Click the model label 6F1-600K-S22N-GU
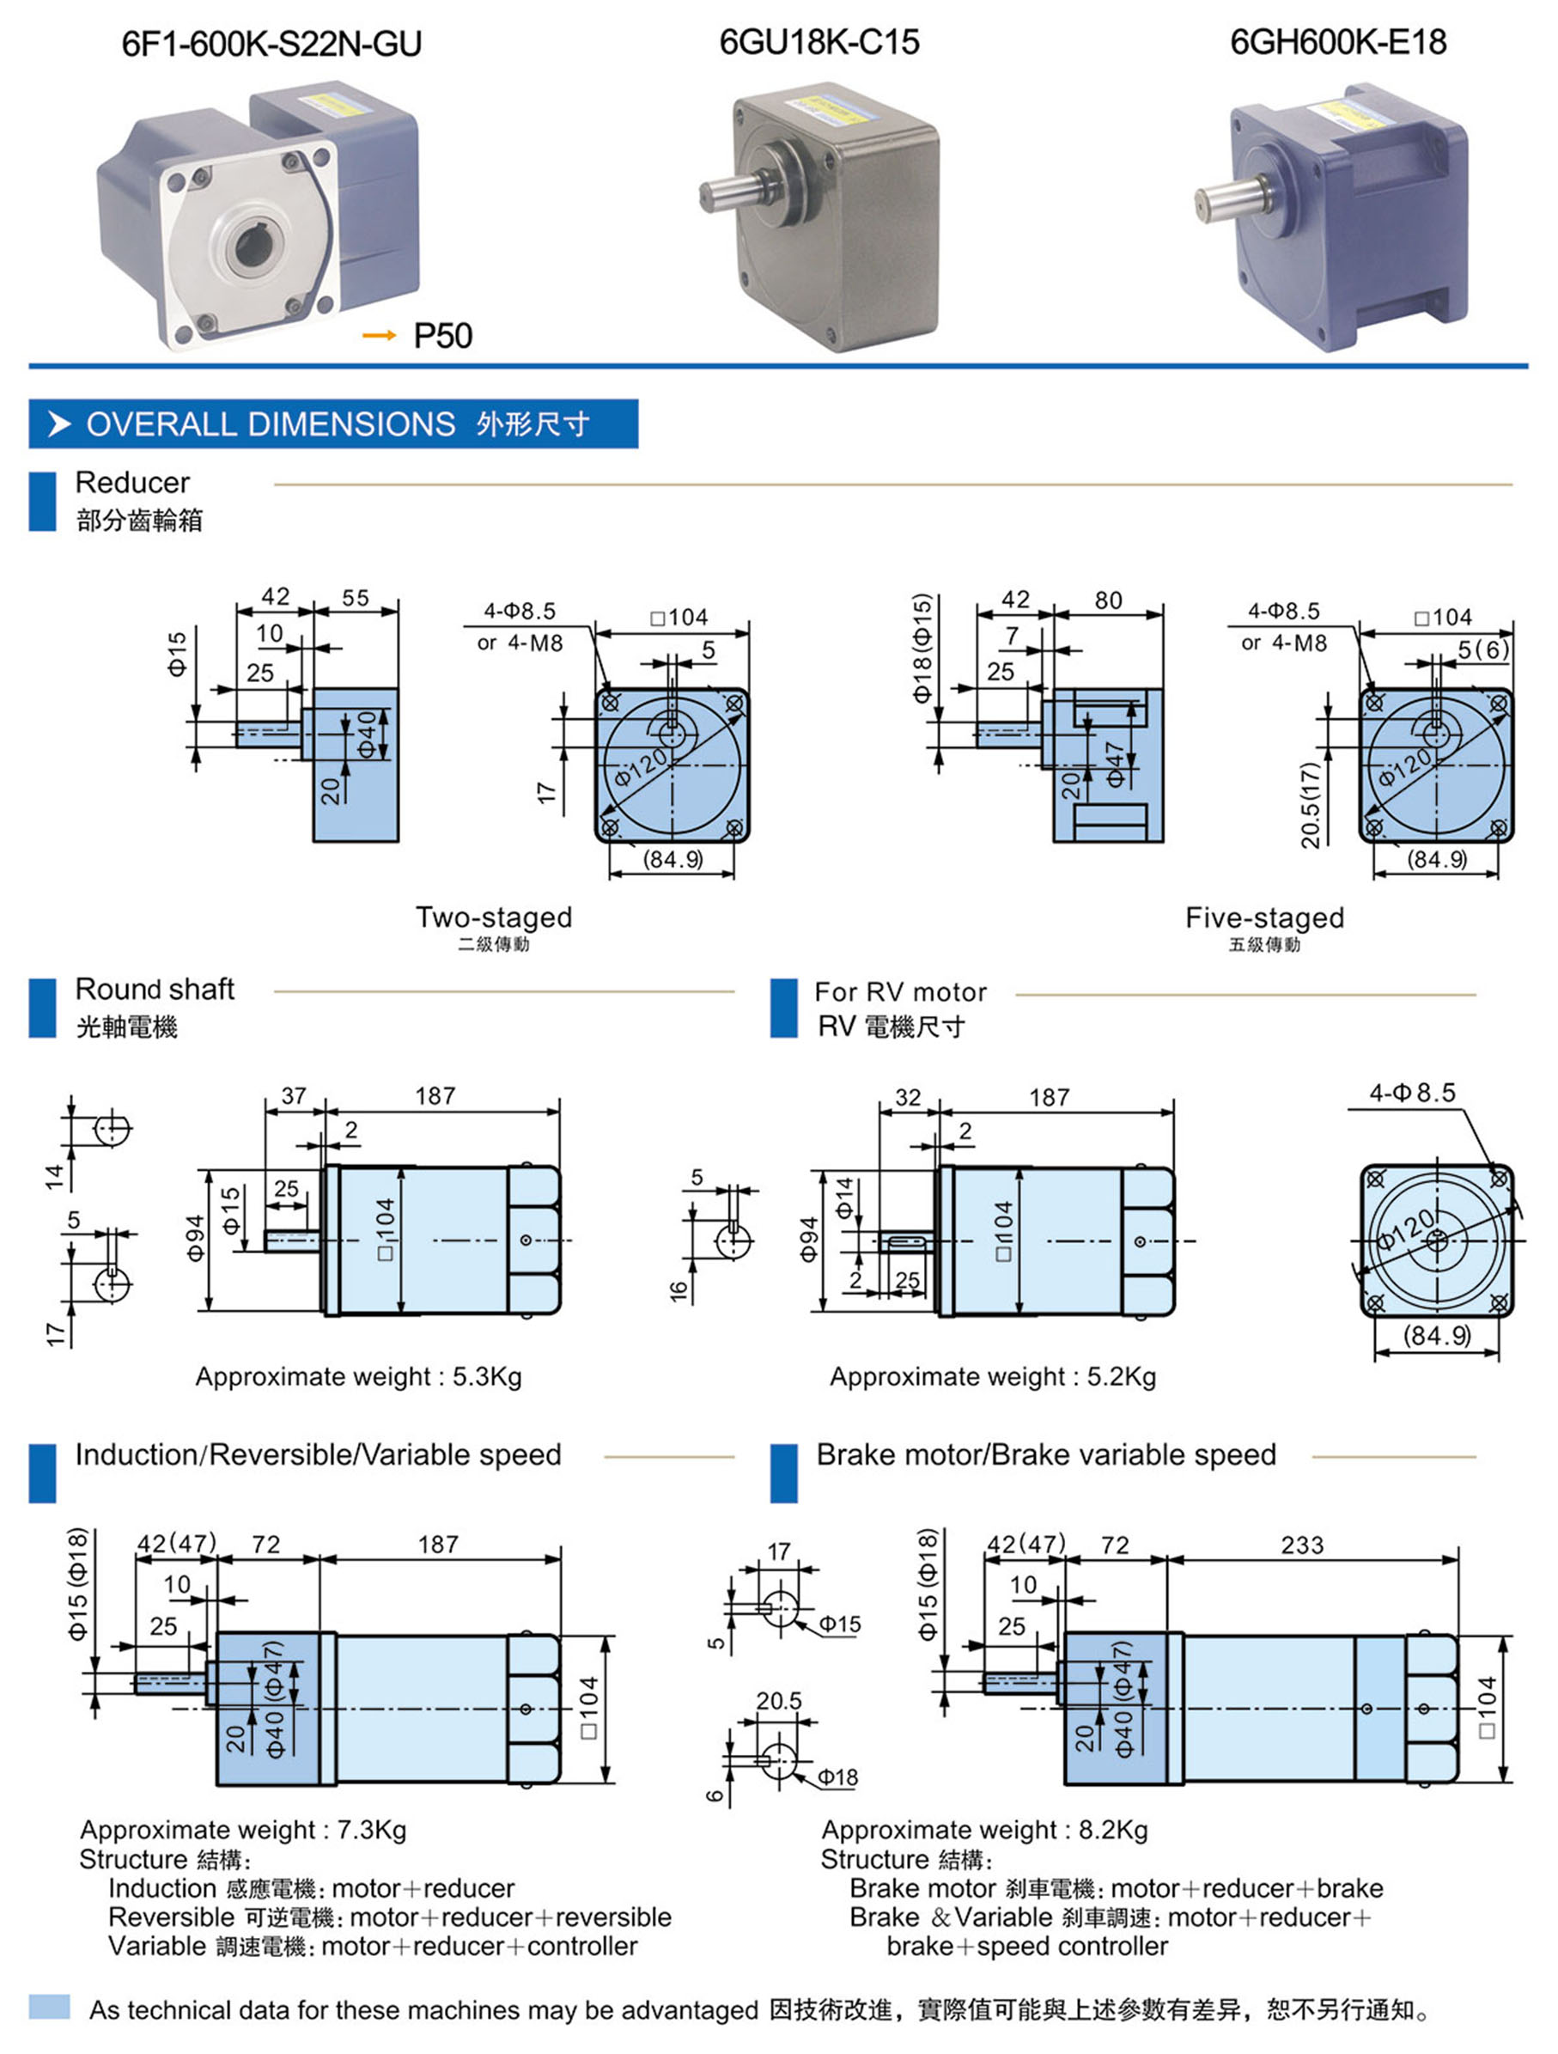(x=271, y=44)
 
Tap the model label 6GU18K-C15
(x=819, y=42)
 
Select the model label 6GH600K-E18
(x=1338, y=42)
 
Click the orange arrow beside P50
(x=378, y=335)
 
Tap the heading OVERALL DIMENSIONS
(x=271, y=424)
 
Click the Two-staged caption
(x=493, y=917)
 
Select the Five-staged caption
(x=1263, y=918)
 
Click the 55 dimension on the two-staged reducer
(x=356, y=598)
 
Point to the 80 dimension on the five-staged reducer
(x=1108, y=600)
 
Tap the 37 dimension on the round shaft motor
(x=294, y=1095)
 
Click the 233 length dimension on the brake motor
(x=1302, y=1545)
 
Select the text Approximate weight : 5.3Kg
(x=358, y=1376)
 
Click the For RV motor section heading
(x=900, y=991)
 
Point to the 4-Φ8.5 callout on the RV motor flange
(x=1412, y=1093)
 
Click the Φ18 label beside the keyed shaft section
(x=837, y=1777)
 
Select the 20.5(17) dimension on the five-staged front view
(x=1310, y=804)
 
